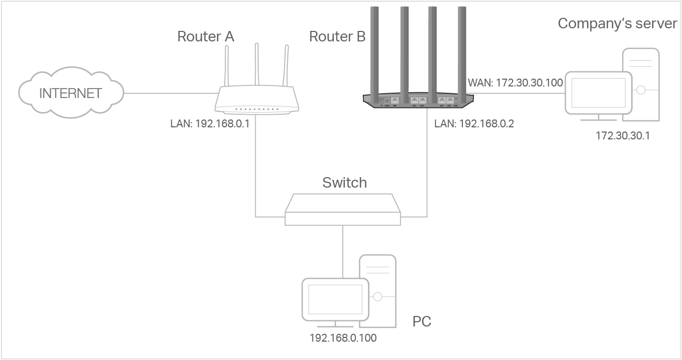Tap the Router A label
205,37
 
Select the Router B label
337,37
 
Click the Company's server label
617,24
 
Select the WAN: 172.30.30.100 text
514,82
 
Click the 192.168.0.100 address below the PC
343,338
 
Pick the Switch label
344,182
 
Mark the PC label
421,321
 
